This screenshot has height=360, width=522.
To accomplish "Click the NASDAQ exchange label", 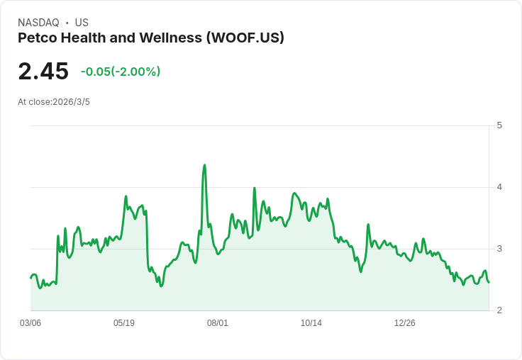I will point(38,23).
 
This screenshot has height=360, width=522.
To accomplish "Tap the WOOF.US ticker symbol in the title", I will point(245,38).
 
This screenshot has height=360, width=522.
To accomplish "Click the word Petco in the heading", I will point(38,38).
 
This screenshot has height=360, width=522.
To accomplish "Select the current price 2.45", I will point(43,72).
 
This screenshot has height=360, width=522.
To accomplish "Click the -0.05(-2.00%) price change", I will point(121,72).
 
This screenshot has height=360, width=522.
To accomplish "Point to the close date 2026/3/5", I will point(72,102).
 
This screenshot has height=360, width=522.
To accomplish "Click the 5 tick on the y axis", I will point(499,125).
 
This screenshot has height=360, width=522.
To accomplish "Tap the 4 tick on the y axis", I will point(499,187).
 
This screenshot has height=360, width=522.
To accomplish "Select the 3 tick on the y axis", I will point(499,249).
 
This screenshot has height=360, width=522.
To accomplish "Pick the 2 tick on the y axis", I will point(499,310).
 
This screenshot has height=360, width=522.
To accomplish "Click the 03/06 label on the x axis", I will point(30,323).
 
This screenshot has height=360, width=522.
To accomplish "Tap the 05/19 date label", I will point(124,323).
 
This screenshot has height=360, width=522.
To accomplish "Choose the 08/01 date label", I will point(218,323).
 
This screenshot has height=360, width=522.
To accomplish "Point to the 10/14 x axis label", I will point(311,323).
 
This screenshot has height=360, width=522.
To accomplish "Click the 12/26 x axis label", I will point(405,323).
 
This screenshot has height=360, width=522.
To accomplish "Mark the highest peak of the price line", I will point(204,165).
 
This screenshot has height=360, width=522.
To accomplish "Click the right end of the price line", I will point(489,282).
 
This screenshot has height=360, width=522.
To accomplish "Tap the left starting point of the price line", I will point(30,278).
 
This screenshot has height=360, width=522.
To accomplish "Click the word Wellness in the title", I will point(170,38).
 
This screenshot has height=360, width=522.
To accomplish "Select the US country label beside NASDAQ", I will point(82,23).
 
